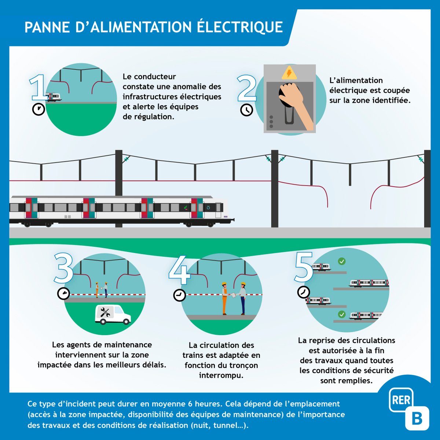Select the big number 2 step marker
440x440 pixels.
pos(247,89)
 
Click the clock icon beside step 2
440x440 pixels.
pos(247,110)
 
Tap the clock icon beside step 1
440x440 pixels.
pos(38,109)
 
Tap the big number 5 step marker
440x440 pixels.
pos(304,267)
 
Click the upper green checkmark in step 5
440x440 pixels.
pos(341,261)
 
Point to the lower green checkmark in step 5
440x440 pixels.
pos(341,315)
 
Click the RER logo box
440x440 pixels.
pos(401,400)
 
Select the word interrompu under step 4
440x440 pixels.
pos(221,375)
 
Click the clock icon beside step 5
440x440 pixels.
pos(304,292)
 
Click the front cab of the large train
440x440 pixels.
pos(216,211)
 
